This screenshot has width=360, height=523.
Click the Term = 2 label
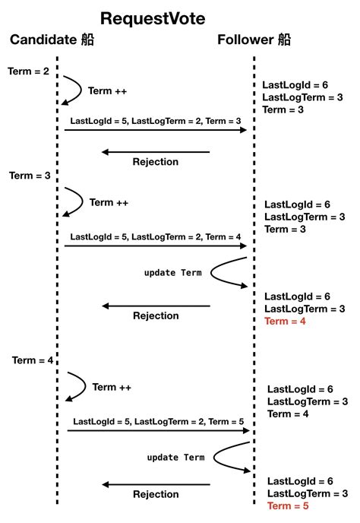(x=28, y=71)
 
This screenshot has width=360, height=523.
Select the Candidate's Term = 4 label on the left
(x=33, y=360)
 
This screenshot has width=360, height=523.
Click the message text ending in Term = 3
(x=155, y=121)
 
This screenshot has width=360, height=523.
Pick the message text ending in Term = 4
(x=156, y=236)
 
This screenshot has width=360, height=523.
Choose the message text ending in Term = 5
(x=159, y=421)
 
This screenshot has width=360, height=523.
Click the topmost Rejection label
(x=155, y=162)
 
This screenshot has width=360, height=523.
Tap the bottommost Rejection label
(x=156, y=495)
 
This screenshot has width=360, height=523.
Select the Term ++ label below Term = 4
(x=112, y=387)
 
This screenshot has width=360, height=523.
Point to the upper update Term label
(x=172, y=272)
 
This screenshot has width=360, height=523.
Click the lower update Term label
(x=175, y=457)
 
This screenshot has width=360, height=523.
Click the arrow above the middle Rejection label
(x=156, y=306)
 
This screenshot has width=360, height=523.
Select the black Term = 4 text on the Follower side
(x=288, y=414)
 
